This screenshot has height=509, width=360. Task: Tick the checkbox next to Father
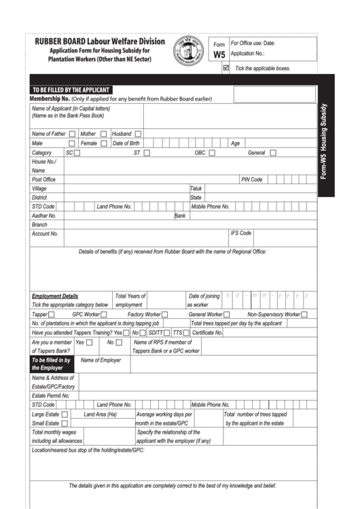pyautogui.click(x=73, y=134)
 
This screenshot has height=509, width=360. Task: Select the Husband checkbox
pyautogui.click(x=138, y=134)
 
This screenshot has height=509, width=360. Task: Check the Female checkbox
pyautogui.click(x=103, y=143)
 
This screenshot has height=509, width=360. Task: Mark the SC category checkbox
pyautogui.click(x=77, y=153)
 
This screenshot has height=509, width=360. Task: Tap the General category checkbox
pyautogui.click(x=272, y=153)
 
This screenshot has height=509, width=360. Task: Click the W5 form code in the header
pyautogui.click(x=219, y=55)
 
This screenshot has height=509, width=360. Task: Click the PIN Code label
pyautogui.click(x=251, y=179)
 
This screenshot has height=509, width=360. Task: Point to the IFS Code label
pyautogui.click(x=241, y=233)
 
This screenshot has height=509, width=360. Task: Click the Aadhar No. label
pyautogui.click(x=43, y=215)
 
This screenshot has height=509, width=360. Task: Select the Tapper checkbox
pyautogui.click(x=52, y=315)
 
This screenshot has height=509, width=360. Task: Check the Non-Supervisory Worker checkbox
pyautogui.click(x=304, y=315)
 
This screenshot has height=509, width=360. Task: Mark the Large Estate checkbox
pyautogui.click(x=65, y=414)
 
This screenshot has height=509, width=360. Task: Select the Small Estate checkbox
pyautogui.click(x=65, y=423)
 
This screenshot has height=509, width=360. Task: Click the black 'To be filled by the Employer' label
pyautogui.click(x=52, y=364)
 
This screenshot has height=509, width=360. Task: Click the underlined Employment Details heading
pyautogui.click(x=55, y=296)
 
